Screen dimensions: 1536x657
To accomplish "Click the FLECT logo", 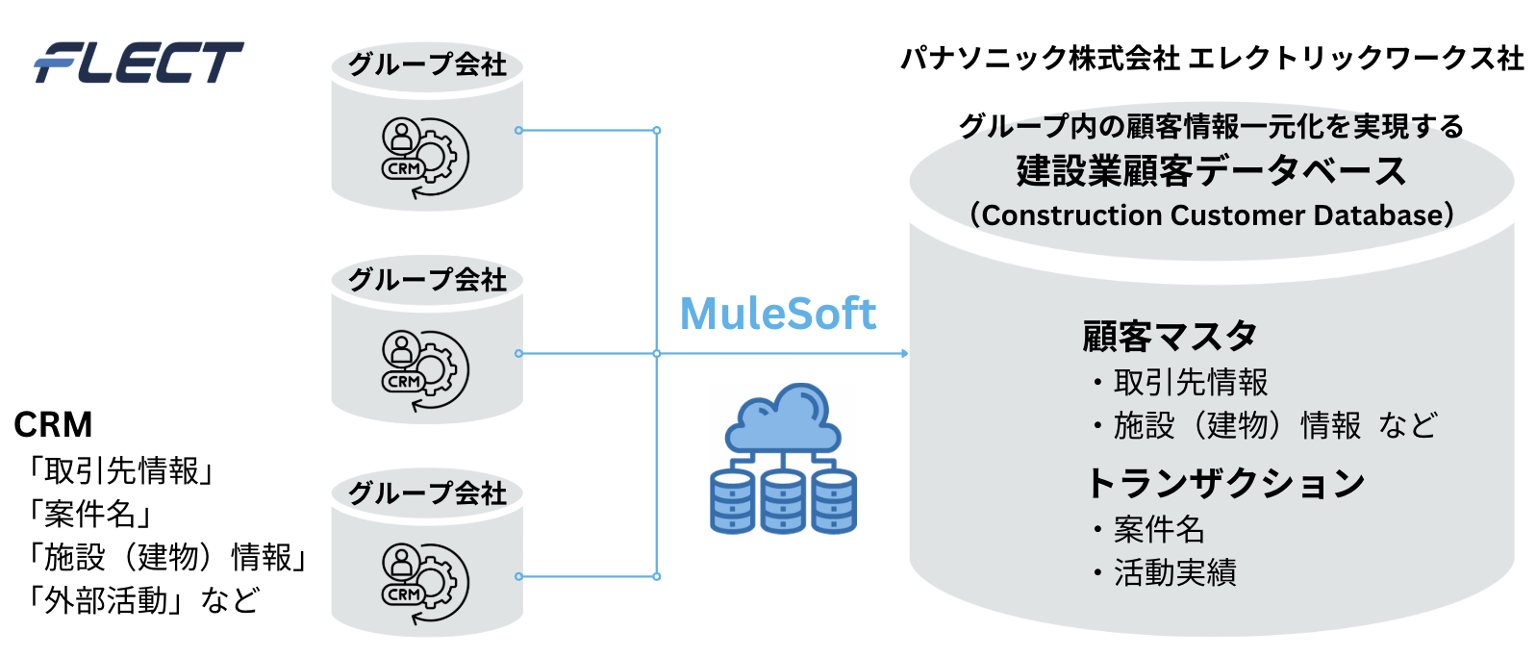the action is [139, 63].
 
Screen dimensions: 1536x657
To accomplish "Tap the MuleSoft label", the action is [777, 314].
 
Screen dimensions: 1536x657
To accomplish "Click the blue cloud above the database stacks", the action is [783, 417].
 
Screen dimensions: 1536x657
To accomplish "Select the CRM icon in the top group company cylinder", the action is [425, 158].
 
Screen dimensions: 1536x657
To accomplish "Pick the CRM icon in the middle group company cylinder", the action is [425, 371].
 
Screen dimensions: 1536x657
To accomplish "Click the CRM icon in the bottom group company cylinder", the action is [425, 584].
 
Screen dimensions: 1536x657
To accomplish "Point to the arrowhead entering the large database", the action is [904, 353].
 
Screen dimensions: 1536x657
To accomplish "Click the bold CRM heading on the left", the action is [53, 424].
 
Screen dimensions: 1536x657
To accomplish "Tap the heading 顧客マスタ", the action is [1170, 336].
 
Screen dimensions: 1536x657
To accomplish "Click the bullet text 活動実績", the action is [1175, 572].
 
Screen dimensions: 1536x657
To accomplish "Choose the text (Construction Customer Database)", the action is [1212, 215].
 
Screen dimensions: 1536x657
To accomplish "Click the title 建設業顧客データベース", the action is [1211, 170].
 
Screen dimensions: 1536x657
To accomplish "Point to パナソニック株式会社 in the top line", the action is [1040, 59].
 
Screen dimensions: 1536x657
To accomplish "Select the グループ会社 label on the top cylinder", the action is [427, 64].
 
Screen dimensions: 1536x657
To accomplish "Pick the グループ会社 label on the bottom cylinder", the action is [427, 493].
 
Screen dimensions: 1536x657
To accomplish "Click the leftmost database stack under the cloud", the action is [732, 501].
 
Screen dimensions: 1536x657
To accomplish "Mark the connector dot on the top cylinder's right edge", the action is [518, 130].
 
